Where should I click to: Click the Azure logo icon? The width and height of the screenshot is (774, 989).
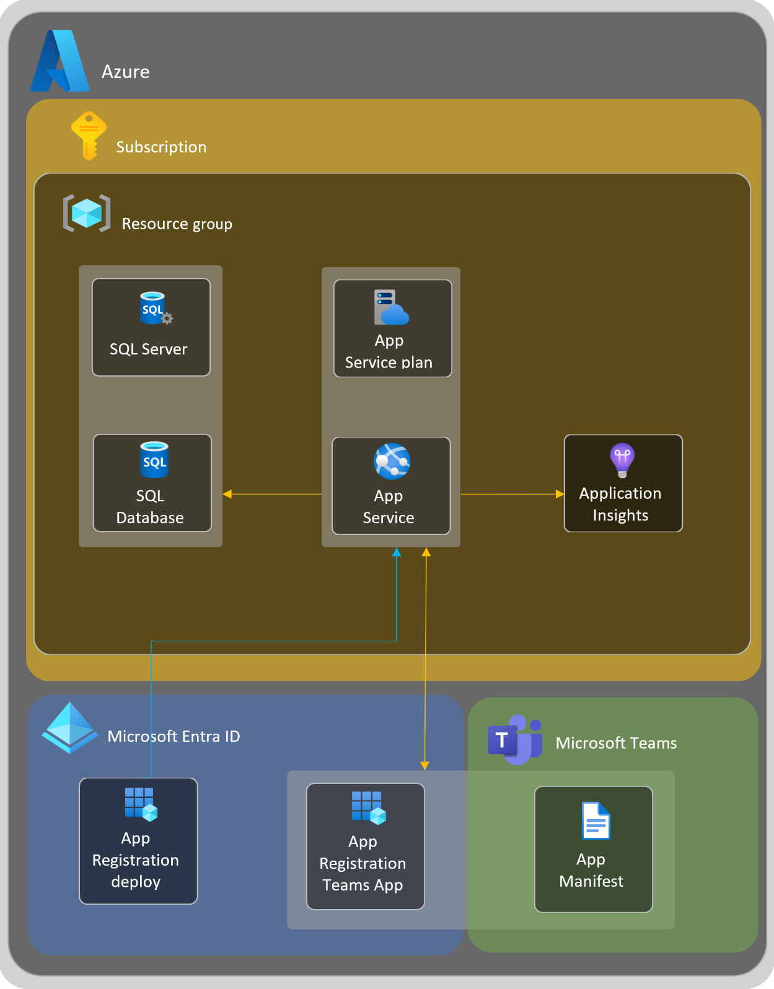[59, 61]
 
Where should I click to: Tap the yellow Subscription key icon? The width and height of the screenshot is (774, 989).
[89, 136]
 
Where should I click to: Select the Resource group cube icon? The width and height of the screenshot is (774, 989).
[87, 213]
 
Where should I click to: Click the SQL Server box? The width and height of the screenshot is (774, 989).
[151, 327]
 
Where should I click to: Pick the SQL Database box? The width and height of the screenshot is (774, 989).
[152, 483]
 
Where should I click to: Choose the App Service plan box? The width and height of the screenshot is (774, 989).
[393, 328]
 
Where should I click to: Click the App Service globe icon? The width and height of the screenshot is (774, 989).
[392, 462]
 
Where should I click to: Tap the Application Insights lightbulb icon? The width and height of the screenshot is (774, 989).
[622, 460]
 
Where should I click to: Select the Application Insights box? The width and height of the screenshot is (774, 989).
[623, 483]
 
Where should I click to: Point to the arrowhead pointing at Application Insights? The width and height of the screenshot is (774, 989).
[560, 494]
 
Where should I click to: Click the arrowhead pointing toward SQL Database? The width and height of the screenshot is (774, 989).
[227, 494]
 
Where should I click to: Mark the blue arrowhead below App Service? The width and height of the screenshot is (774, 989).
[397, 552]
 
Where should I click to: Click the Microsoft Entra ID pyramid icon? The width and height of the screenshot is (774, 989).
[69, 727]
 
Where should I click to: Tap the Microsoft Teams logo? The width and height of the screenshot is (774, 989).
[514, 740]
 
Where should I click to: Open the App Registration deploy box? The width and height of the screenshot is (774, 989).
[138, 841]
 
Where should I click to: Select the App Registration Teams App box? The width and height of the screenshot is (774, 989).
[366, 846]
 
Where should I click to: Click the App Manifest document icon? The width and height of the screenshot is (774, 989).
[596, 820]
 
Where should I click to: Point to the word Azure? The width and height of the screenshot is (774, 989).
[126, 72]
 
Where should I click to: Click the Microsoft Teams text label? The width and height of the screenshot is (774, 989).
[616, 743]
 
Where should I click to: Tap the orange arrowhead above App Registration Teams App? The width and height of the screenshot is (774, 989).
[424, 765]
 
